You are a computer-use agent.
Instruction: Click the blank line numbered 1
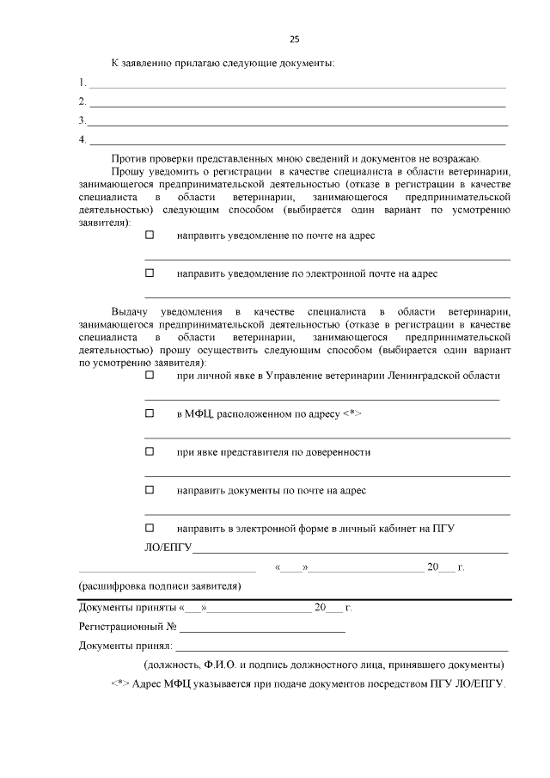pos(296,87)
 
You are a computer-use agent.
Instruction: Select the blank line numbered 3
pos(296,125)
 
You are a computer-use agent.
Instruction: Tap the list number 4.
pos(82,139)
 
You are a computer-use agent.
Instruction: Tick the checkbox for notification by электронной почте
pos(150,273)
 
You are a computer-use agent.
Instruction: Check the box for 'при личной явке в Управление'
pos(150,376)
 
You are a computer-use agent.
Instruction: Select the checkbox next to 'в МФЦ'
pos(150,414)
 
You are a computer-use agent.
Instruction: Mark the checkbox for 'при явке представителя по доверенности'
pos(150,451)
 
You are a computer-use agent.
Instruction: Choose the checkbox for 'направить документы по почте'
pos(150,490)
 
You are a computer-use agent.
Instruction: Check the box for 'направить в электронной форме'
pos(150,528)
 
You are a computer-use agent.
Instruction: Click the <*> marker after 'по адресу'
pos(351,414)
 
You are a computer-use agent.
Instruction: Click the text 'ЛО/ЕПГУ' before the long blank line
pos(168,548)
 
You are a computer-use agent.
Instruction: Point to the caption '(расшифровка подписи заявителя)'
pos(159,586)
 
